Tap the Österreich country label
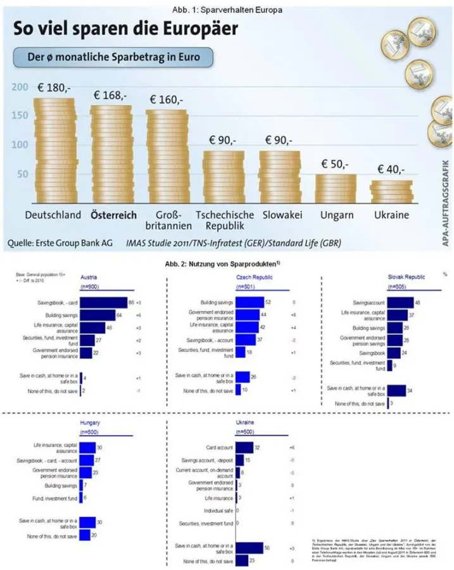coord(113,215)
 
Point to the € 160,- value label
coord(166,100)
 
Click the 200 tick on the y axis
coord(20,87)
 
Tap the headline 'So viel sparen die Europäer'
coord(122,29)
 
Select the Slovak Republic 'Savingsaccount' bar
coord(399,303)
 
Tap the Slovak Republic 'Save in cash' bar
coord(396,390)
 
